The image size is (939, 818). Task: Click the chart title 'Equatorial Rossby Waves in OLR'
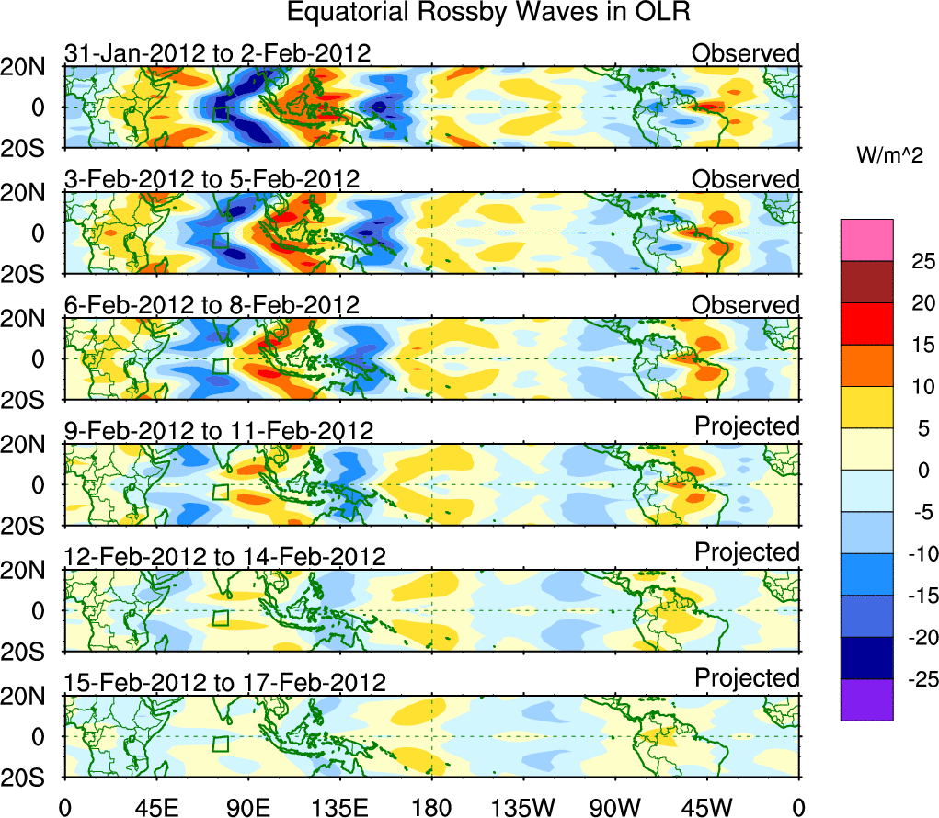[488, 14]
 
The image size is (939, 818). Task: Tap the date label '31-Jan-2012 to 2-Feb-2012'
[218, 53]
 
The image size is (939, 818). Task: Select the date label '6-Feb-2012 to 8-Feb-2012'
[212, 305]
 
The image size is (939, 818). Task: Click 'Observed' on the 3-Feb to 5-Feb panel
[746, 179]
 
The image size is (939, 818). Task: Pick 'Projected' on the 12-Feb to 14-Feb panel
[747, 552]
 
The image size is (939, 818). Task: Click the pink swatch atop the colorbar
[866, 240]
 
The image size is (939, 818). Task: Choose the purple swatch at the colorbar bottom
[866, 699]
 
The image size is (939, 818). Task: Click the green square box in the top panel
[220, 114]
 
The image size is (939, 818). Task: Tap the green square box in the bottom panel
[220, 744]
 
